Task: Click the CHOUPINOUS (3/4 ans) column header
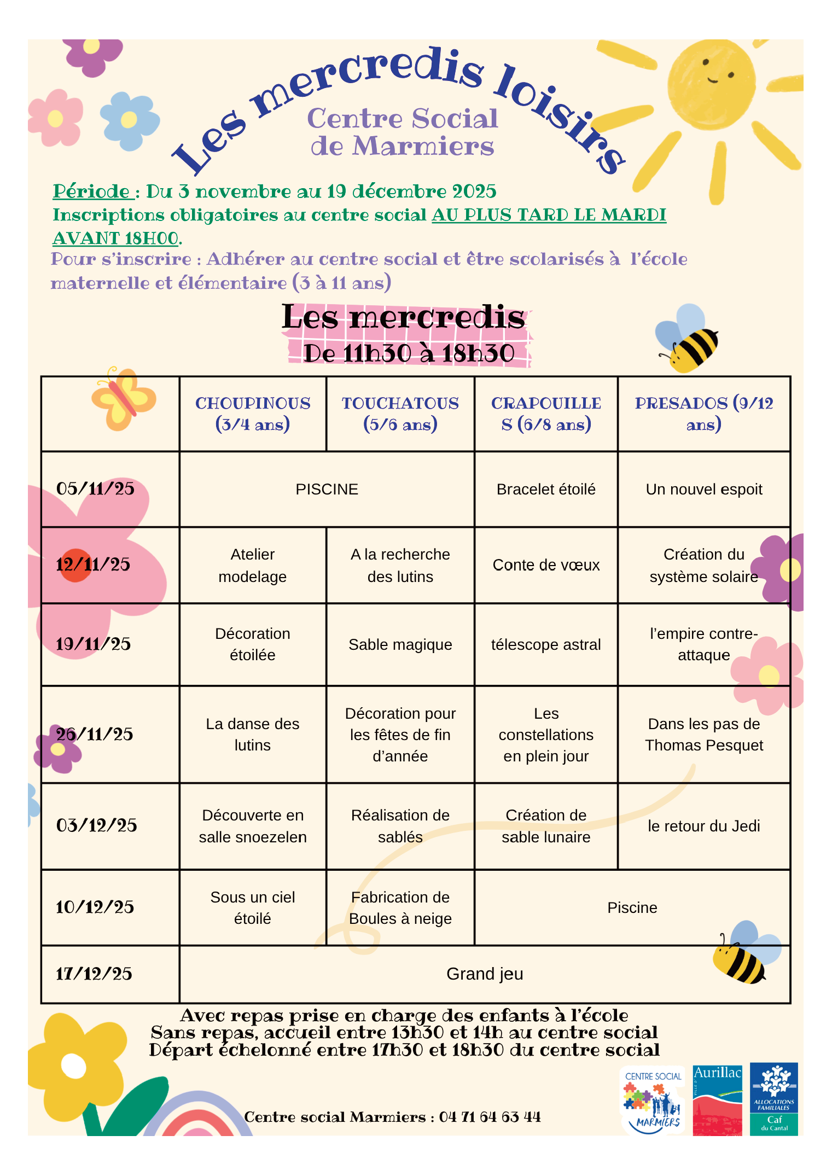pos(253,414)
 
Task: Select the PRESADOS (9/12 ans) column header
pos(703,414)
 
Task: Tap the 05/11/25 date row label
pos(96,488)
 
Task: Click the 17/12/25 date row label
pos(94,974)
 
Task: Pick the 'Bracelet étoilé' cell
pos(546,489)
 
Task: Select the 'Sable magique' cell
pos(400,644)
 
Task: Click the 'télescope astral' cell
pos(546,644)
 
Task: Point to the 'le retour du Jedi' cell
pos(703,826)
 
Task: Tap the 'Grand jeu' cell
pos(485,974)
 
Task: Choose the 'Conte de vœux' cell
pos(546,565)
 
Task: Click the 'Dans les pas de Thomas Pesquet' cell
pos(703,734)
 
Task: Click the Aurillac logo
pos(717,1099)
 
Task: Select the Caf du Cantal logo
pos(774,1099)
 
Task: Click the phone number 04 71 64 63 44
pos(490,1117)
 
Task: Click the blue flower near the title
pos(130,121)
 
